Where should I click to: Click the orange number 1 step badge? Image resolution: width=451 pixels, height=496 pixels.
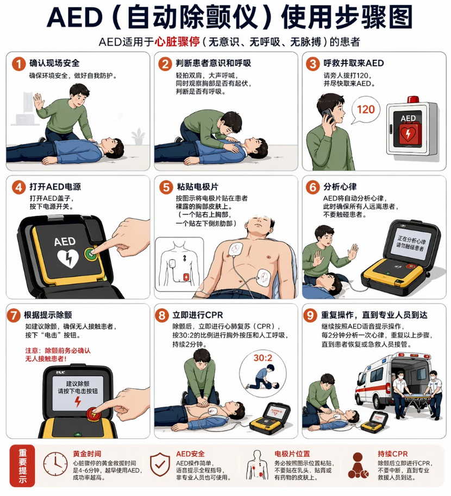click(18, 64)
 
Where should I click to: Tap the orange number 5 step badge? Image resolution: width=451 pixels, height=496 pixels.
click(166, 187)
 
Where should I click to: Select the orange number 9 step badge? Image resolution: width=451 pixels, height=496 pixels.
click(310, 315)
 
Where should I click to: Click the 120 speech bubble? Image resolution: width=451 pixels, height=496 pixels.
click(366, 110)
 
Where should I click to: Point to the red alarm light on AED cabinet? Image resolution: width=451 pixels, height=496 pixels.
click(413, 99)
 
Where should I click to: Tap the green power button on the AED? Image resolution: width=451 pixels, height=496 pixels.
click(90, 253)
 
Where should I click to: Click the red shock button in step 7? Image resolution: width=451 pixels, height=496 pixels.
click(94, 414)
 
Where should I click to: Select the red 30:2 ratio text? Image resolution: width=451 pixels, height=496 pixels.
click(262, 358)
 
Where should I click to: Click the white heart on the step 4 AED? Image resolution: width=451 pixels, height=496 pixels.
click(68, 258)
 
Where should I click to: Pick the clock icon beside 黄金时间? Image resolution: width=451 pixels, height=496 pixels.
click(55, 464)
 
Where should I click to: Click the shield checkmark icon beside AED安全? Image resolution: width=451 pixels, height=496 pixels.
click(160, 465)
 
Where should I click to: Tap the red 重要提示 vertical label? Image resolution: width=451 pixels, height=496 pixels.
click(22, 466)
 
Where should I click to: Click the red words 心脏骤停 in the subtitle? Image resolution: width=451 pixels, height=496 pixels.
click(177, 41)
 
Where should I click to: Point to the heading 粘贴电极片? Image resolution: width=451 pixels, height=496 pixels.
click(197, 187)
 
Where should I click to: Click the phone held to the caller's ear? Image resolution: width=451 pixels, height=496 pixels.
click(328, 116)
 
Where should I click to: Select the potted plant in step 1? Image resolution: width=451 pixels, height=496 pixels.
click(138, 137)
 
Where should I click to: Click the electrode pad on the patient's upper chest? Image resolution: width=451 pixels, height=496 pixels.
click(235, 250)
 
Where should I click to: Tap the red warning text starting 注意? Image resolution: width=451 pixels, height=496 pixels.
click(58, 354)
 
